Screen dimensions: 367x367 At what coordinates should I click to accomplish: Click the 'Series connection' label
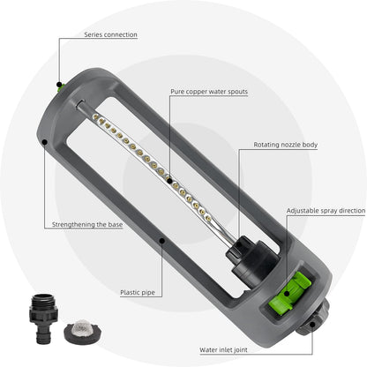(110, 34)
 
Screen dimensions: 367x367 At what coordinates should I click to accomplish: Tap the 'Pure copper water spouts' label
(209, 92)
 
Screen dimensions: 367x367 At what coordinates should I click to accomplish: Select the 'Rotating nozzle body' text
(286, 145)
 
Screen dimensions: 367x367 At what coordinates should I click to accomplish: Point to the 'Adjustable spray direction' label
(326, 211)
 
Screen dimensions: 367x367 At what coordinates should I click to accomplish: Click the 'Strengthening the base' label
(87, 225)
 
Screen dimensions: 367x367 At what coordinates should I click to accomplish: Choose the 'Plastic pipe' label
(138, 293)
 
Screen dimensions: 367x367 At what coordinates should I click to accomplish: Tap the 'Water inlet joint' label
(223, 350)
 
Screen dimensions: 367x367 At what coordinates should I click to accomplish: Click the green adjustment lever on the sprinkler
(290, 293)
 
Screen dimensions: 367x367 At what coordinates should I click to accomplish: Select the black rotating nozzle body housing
(252, 258)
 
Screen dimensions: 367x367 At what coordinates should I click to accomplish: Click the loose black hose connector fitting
(43, 318)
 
